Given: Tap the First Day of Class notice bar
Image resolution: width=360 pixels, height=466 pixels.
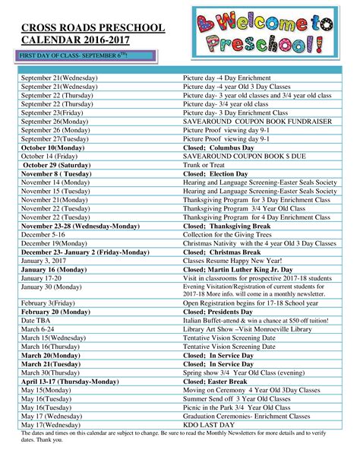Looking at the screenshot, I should pos(75,56).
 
